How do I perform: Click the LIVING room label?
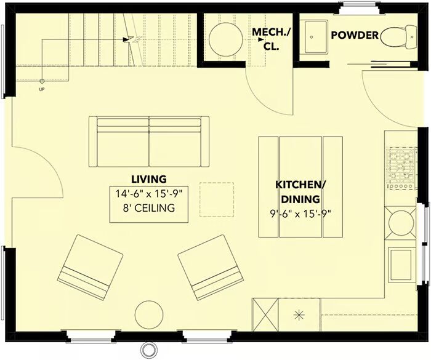(149, 179)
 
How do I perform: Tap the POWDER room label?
(355, 35)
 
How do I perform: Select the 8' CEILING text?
(149, 208)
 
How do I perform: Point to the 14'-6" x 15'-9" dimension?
(149, 194)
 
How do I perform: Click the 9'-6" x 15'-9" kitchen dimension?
(300, 214)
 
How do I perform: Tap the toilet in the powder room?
(399, 36)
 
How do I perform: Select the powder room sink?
(313, 36)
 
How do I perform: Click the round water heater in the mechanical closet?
(226, 39)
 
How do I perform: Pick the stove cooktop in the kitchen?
(401, 169)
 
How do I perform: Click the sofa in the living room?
(149, 142)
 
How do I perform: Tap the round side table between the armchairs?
(149, 314)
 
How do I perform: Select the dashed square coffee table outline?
(217, 199)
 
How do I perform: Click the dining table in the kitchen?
(300, 187)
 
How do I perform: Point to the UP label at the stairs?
(42, 89)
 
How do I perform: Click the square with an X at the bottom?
(265, 314)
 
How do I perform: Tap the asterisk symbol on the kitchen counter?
(299, 314)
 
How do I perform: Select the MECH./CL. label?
(271, 39)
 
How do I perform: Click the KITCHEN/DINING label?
(300, 192)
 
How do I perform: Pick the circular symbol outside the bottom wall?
(147, 349)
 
